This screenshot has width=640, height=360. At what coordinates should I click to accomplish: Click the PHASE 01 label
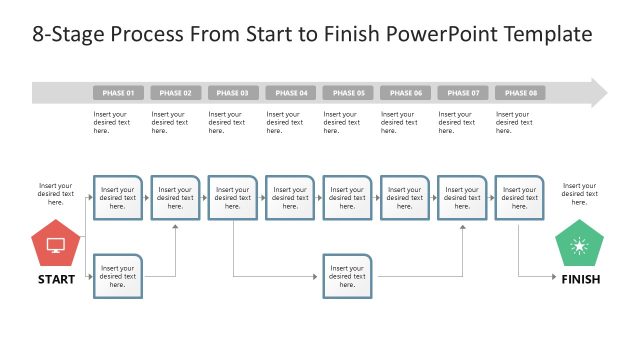[118, 93]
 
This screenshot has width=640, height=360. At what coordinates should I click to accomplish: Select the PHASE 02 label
[175, 93]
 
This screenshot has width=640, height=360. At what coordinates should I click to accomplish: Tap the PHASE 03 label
[233, 93]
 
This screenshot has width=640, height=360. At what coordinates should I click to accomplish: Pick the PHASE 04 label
[290, 93]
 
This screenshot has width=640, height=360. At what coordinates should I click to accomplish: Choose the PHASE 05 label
[348, 93]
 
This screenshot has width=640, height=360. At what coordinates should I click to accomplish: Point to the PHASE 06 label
[405, 93]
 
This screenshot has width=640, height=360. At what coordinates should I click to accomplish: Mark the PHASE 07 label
[463, 93]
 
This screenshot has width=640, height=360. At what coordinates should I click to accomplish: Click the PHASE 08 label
[520, 93]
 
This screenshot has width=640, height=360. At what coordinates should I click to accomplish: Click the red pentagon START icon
[56, 244]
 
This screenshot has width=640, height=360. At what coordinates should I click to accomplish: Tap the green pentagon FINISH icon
[579, 246]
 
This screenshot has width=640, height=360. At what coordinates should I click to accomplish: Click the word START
[56, 280]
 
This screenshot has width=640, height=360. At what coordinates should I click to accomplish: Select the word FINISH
[580, 280]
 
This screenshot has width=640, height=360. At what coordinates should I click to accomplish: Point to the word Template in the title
[550, 35]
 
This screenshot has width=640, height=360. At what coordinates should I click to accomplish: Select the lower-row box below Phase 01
[118, 276]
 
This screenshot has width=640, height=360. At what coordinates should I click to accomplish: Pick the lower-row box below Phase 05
[348, 276]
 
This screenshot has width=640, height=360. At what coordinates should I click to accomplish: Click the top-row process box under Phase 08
[520, 198]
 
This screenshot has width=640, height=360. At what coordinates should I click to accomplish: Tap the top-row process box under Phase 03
[233, 198]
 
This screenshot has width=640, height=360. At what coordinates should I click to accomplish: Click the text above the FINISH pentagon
[579, 194]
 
